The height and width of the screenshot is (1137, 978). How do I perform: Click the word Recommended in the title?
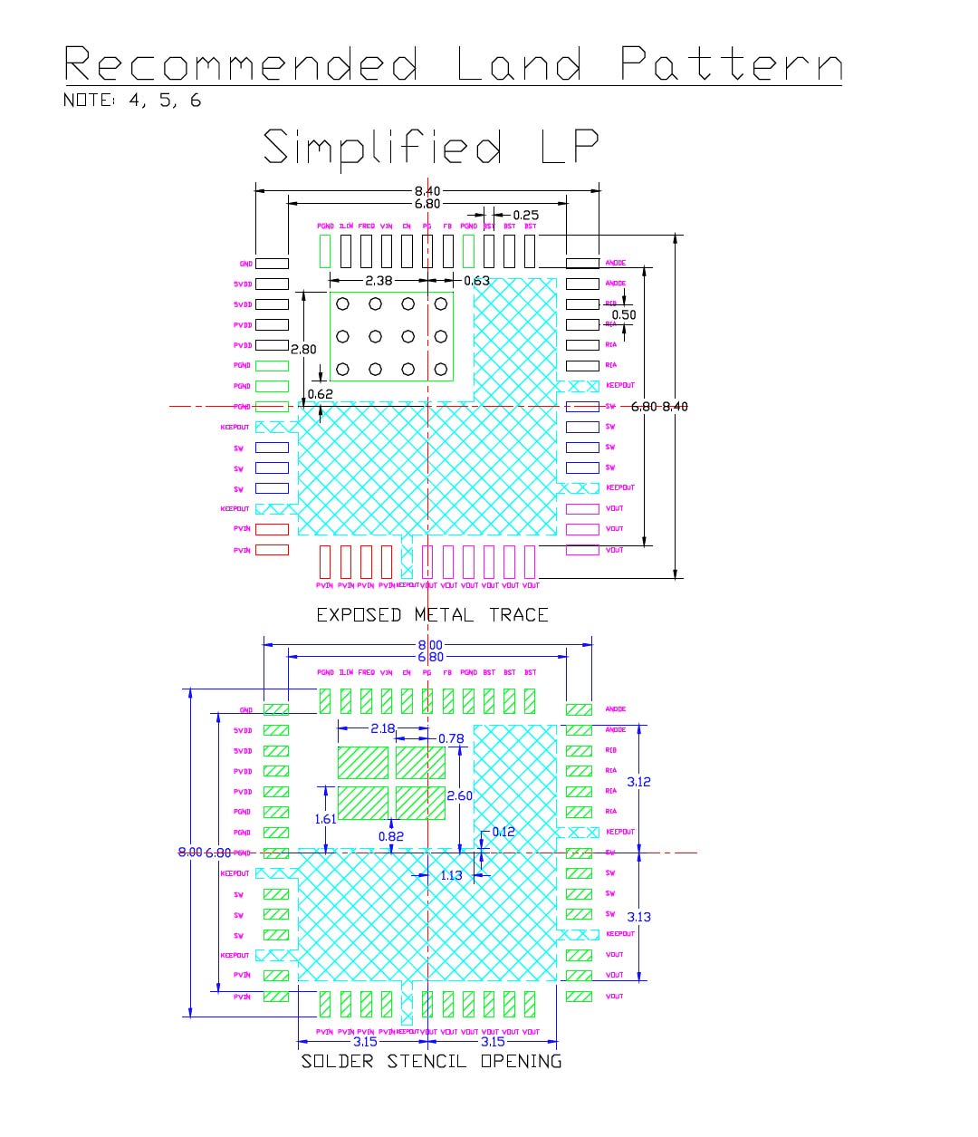pos(241,64)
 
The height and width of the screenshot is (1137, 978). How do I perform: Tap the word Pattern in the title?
pos(732,64)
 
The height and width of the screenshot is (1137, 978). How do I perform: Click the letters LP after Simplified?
pos(570,148)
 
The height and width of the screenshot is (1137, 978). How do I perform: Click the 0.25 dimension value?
pos(525,215)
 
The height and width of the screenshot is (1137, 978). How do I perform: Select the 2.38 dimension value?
pos(379,281)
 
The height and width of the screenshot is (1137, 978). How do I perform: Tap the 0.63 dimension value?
pos(476,281)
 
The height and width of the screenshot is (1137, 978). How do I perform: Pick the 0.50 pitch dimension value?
pos(624,315)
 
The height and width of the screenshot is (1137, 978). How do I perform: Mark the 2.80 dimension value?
pos(302,349)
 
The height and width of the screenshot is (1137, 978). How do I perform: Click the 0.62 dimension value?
pos(320,394)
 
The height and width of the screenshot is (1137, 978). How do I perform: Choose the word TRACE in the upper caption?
pos(519,615)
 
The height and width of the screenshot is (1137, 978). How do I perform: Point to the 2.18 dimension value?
pos(383,728)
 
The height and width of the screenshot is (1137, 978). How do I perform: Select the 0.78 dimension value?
pos(451,738)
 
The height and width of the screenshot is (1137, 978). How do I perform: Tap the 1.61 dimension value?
pos(325,819)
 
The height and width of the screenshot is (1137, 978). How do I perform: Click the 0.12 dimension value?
pos(503,832)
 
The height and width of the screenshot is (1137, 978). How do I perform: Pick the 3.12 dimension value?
pos(639,781)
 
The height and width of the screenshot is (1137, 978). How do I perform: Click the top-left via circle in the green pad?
pos(342,304)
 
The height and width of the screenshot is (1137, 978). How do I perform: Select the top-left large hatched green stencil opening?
pos(362,763)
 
